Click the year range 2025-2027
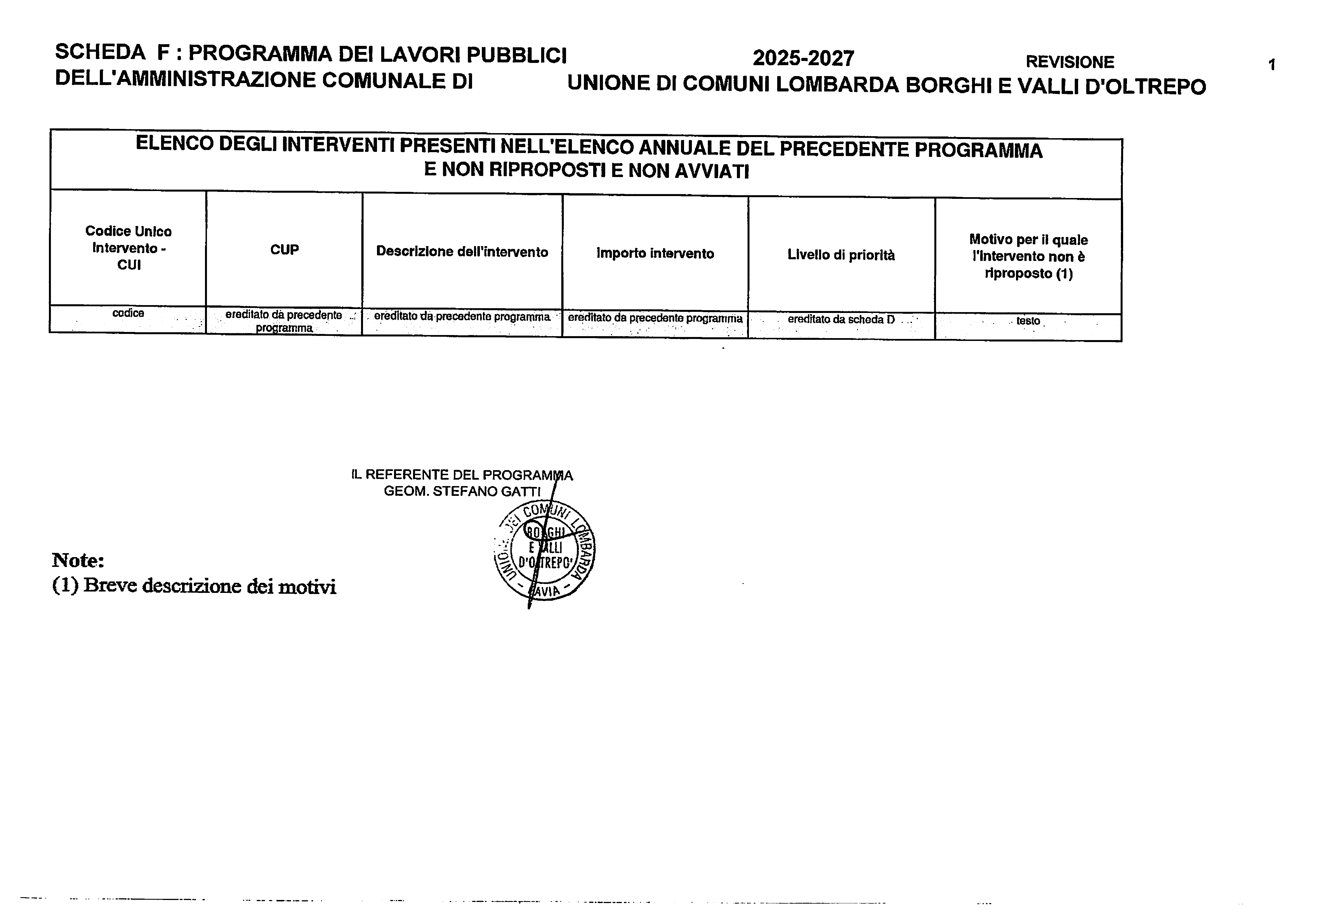(x=803, y=58)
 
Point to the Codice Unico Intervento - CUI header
(x=128, y=248)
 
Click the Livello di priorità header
(x=841, y=255)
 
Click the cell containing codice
(x=128, y=314)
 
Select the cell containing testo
(x=1028, y=321)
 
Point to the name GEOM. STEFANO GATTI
(x=462, y=492)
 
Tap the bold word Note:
(x=78, y=560)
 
